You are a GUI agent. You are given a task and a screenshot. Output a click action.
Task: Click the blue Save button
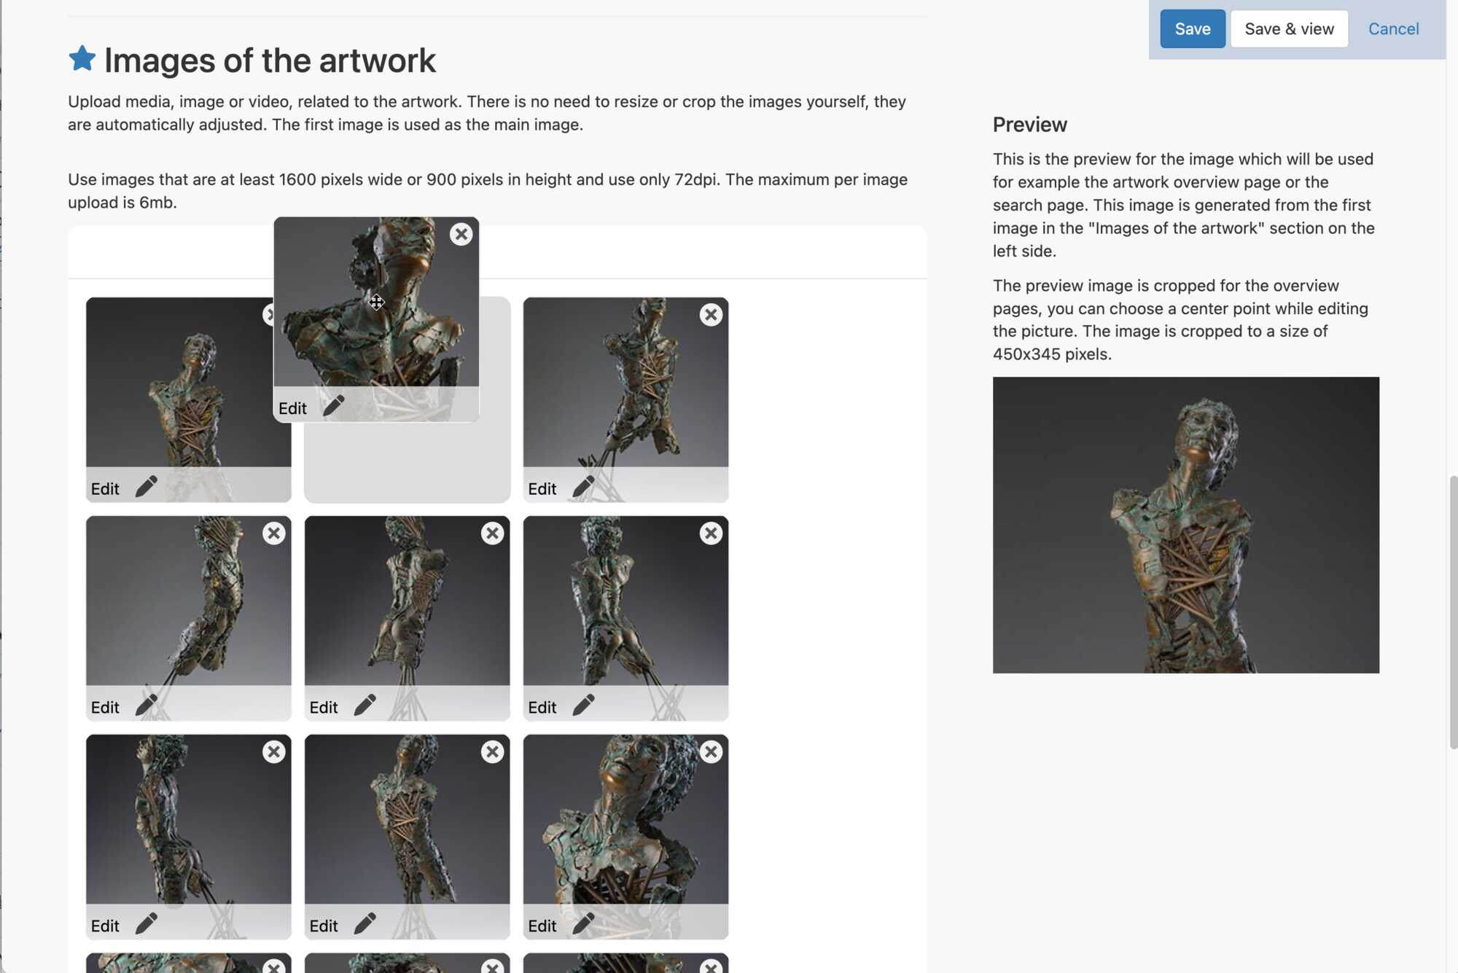pos(1193,29)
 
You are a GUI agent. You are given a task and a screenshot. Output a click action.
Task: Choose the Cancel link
pos(1393,29)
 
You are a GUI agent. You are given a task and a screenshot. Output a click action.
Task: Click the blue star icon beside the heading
pos(82,58)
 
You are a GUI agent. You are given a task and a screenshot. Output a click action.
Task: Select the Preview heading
pos(1029,125)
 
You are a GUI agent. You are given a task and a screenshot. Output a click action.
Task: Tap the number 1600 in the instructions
pos(298,179)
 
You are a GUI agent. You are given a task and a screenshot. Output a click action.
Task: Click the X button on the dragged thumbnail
pos(461,234)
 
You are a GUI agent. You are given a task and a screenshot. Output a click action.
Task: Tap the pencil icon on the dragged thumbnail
pos(333,405)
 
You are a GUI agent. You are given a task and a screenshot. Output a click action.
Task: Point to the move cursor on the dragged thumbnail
pos(376,302)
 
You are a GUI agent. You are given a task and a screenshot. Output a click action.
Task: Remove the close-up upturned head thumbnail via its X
pos(711,751)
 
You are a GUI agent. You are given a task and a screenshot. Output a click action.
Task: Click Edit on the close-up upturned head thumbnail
pos(542,926)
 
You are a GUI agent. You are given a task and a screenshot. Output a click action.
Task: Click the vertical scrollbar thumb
pos(1453,612)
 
